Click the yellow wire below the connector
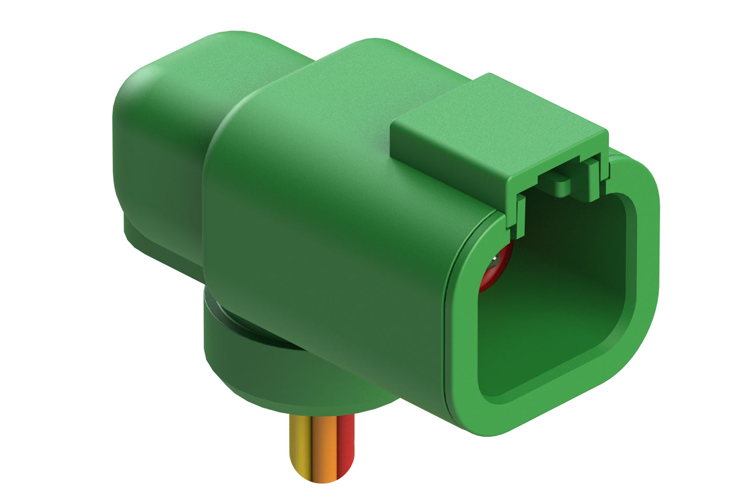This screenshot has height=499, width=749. click(300, 446)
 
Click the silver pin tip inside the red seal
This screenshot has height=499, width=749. click(499, 256)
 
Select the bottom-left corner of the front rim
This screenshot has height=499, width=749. click(469, 404)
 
